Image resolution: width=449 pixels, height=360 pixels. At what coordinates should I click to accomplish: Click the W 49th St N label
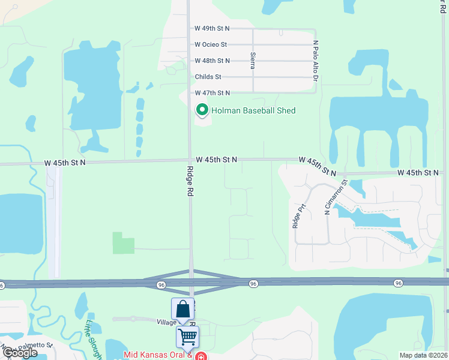click(x=212, y=28)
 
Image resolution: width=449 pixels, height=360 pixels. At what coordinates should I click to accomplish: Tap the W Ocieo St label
click(x=211, y=44)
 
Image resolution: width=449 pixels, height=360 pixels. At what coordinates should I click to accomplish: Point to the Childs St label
click(x=208, y=77)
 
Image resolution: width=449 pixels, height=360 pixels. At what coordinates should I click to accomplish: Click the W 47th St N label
click(x=212, y=93)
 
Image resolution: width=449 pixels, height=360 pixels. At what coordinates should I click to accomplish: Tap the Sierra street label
click(x=253, y=61)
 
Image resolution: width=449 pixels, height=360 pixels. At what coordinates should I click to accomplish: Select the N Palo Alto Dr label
click(x=315, y=61)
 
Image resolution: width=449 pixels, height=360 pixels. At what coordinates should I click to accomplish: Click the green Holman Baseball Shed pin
click(x=202, y=110)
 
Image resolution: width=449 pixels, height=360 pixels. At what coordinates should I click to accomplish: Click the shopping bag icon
click(x=182, y=310)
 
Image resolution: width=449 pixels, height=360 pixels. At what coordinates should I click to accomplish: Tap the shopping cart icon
click(x=187, y=337)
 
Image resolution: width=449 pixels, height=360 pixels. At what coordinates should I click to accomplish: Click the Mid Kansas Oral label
click(x=157, y=355)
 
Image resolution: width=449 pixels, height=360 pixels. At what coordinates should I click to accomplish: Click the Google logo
click(x=20, y=352)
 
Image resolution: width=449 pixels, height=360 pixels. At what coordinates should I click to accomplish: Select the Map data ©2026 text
click(x=423, y=355)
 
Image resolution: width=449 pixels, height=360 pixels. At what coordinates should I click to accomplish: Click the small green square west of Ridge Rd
click(x=124, y=242)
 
